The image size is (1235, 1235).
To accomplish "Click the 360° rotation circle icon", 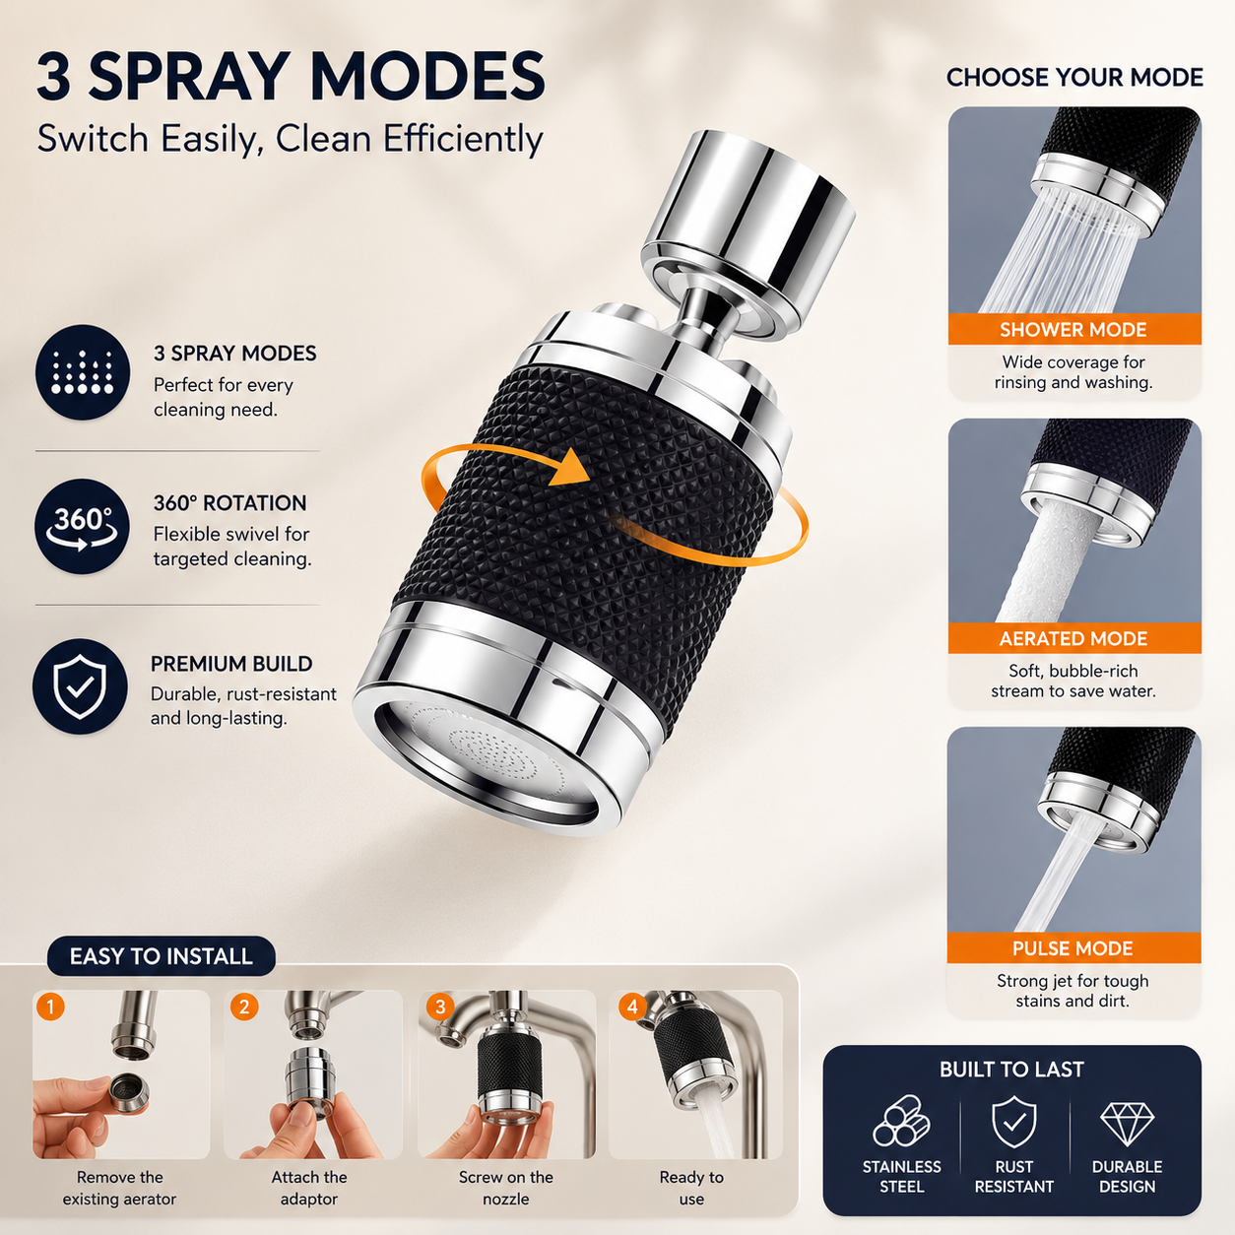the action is [x=82, y=526].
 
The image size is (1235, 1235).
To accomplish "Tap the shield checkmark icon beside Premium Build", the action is [x=80, y=686].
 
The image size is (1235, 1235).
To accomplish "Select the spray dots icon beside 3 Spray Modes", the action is [x=82, y=372].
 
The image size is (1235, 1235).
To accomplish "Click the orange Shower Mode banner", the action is [x=1074, y=329].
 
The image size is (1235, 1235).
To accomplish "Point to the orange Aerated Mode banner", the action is [x=1074, y=638].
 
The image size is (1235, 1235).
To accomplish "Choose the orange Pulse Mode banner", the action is [x=1073, y=947].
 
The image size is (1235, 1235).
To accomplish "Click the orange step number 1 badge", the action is [x=50, y=1007].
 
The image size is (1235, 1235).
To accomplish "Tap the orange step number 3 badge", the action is [x=439, y=1007].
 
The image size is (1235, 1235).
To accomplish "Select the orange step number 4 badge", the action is [x=632, y=1007].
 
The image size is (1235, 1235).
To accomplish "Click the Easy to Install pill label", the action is [x=162, y=956].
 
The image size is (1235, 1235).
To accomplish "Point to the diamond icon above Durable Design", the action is [x=1127, y=1124].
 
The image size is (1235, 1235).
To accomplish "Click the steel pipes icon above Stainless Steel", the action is [x=902, y=1121].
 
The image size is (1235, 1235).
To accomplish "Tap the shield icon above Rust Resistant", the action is [x=1013, y=1122].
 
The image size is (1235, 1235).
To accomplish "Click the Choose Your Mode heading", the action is [x=1074, y=78].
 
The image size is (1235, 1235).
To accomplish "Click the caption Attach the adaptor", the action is [x=309, y=1188].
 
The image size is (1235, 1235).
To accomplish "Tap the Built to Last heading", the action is [x=1011, y=1069].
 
